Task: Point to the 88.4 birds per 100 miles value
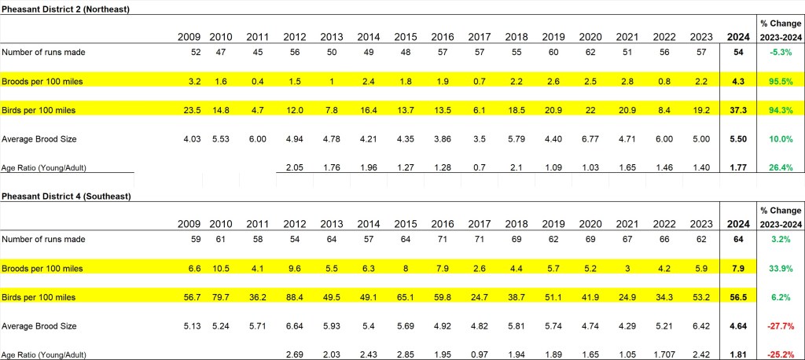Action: pyautogui.click(x=295, y=297)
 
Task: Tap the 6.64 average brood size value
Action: pyautogui.click(x=295, y=325)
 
